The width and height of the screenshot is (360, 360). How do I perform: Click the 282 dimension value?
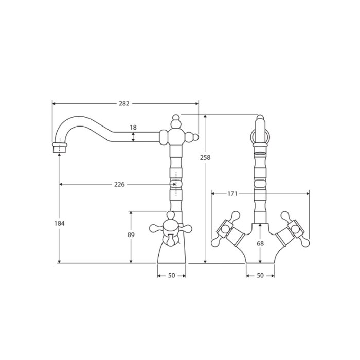point(124,104)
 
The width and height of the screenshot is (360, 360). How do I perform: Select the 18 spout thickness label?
point(133,128)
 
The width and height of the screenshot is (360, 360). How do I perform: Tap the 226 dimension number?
point(119,184)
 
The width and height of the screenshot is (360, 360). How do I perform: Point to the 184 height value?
point(60,223)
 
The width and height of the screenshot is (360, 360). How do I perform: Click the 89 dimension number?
point(131,235)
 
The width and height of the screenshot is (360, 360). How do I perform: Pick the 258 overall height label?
point(205,158)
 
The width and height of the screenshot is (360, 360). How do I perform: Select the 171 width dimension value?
point(232,194)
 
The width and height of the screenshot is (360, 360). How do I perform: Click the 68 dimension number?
point(260,243)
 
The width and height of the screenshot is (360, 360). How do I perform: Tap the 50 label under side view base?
point(171,275)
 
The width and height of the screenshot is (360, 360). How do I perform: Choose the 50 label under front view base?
point(260,275)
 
